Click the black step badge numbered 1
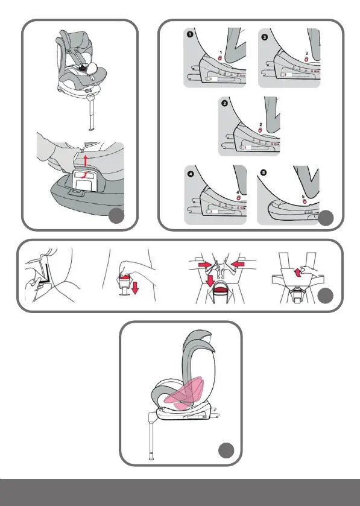190,34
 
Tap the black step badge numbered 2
224,103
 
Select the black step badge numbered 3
265,37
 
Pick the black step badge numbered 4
191,174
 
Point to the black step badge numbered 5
264,172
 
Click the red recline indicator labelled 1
220,58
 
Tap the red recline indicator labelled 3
306,59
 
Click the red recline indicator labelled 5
304,201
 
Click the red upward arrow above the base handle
86,160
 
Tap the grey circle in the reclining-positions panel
326,218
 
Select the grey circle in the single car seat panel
116,215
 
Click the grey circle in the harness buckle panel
325,296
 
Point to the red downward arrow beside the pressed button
135,287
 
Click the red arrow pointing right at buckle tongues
205,265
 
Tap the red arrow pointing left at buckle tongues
238,265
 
